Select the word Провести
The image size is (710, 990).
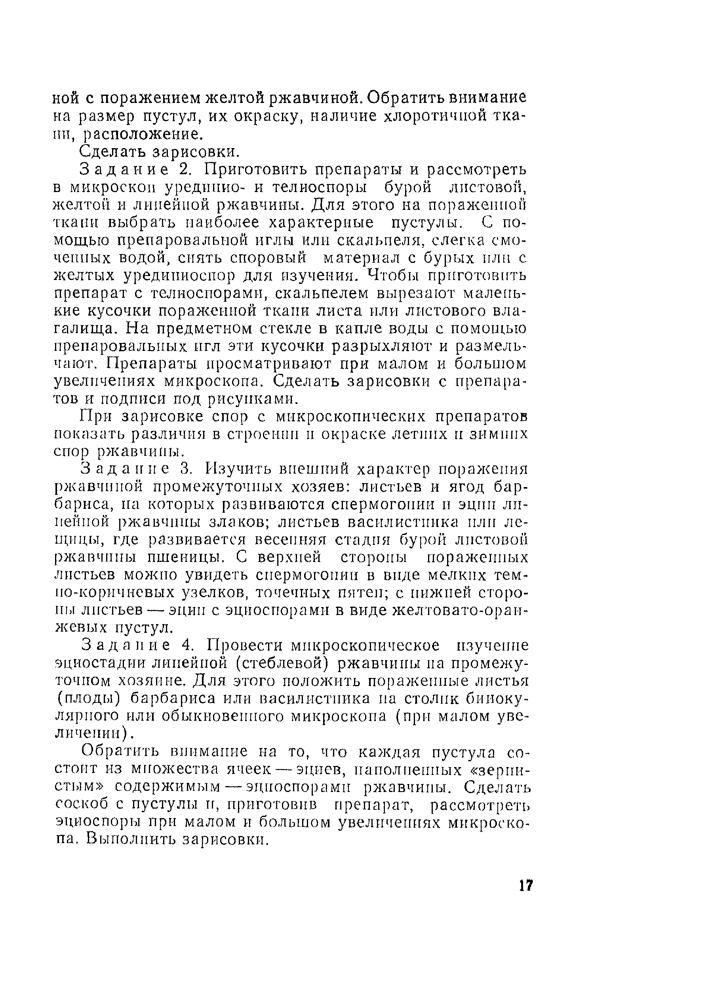tap(243, 645)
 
